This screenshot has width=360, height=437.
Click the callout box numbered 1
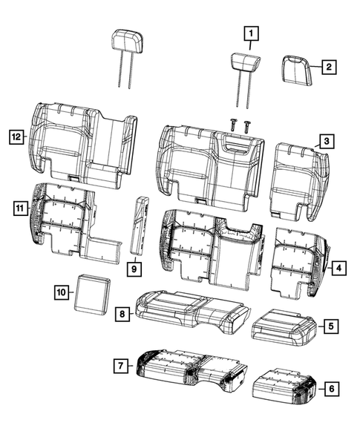(252, 33)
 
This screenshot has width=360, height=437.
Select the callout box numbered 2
(327, 67)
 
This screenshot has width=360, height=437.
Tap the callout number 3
(324, 141)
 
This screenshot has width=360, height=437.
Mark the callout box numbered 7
(118, 364)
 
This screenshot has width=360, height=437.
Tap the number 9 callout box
(134, 268)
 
